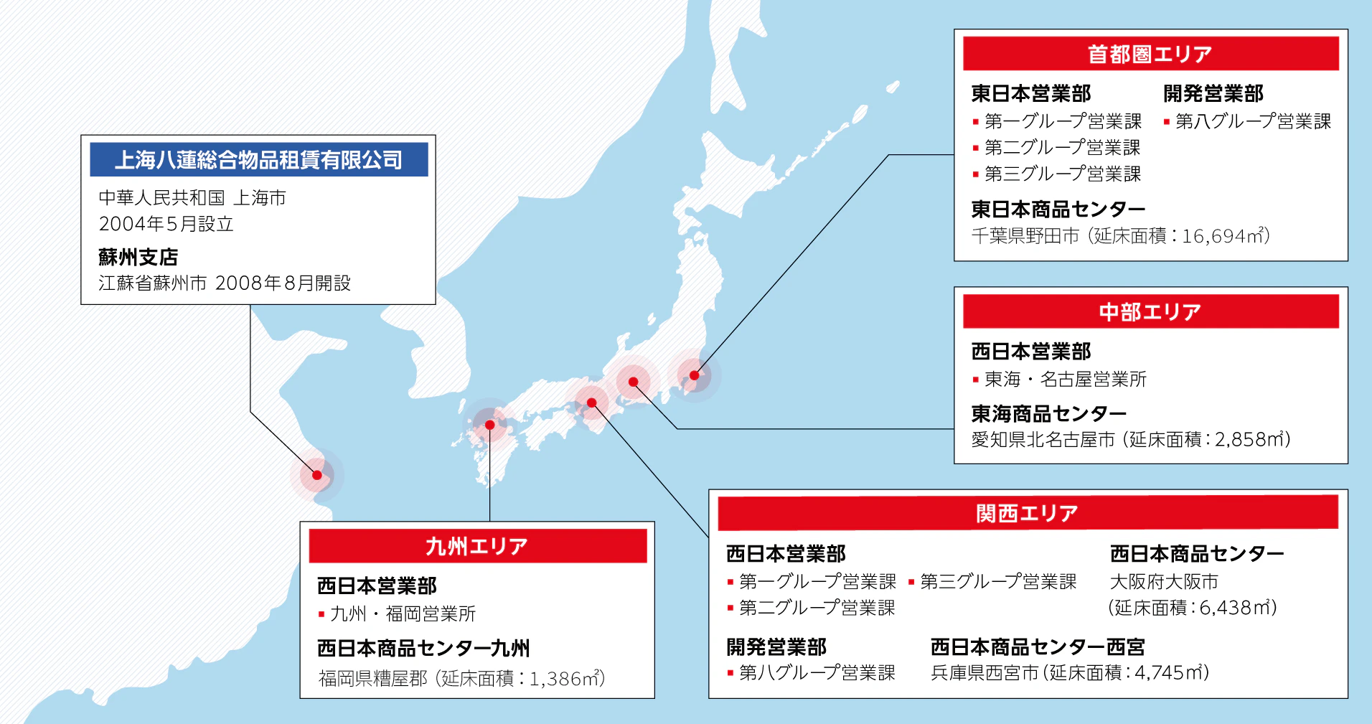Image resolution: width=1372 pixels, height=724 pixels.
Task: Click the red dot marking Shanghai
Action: coord(317,475)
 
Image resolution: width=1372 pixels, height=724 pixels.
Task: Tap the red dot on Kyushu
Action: coord(490,425)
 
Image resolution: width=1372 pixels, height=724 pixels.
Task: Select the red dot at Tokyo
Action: coord(694,375)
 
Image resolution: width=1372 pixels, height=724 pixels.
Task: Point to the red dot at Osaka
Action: coord(592,403)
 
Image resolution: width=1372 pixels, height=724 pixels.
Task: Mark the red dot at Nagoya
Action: coord(633,382)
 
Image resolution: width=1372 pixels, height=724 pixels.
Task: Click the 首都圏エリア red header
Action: coord(1150,54)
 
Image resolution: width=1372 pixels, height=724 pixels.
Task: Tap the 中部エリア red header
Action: coord(1150,311)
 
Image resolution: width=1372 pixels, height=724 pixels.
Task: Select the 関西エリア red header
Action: coord(1028,513)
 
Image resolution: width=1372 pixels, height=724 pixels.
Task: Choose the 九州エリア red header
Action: coord(477,546)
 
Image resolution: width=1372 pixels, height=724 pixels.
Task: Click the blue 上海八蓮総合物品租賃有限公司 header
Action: coord(258,159)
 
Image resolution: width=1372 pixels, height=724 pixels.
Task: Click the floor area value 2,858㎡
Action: coord(1248,439)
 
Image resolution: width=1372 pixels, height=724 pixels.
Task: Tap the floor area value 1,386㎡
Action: coord(563,678)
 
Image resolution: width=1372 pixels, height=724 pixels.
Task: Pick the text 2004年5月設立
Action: coord(166,224)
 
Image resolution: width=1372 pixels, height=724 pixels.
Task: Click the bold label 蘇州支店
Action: coord(138,257)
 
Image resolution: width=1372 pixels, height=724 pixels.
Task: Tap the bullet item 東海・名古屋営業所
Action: coord(1065,379)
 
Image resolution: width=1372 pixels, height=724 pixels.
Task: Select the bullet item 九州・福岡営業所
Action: coord(402,613)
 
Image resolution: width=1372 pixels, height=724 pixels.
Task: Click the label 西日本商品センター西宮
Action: coord(1037,647)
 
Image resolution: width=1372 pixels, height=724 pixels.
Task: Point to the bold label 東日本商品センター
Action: coord(1058,210)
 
